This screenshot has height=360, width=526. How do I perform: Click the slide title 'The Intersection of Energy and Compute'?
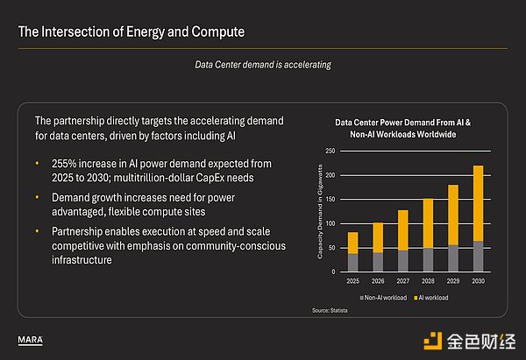[131, 32]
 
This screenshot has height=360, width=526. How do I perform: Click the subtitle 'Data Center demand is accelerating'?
[262, 64]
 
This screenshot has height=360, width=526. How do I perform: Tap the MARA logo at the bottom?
[32, 338]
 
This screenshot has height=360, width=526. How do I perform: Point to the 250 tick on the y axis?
[330, 152]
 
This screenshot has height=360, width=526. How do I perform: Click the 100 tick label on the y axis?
[330, 223]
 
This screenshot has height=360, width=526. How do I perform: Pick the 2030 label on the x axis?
[477, 280]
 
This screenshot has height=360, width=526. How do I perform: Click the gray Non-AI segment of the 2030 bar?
[477, 256]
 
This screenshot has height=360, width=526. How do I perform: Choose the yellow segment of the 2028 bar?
[427, 223]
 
